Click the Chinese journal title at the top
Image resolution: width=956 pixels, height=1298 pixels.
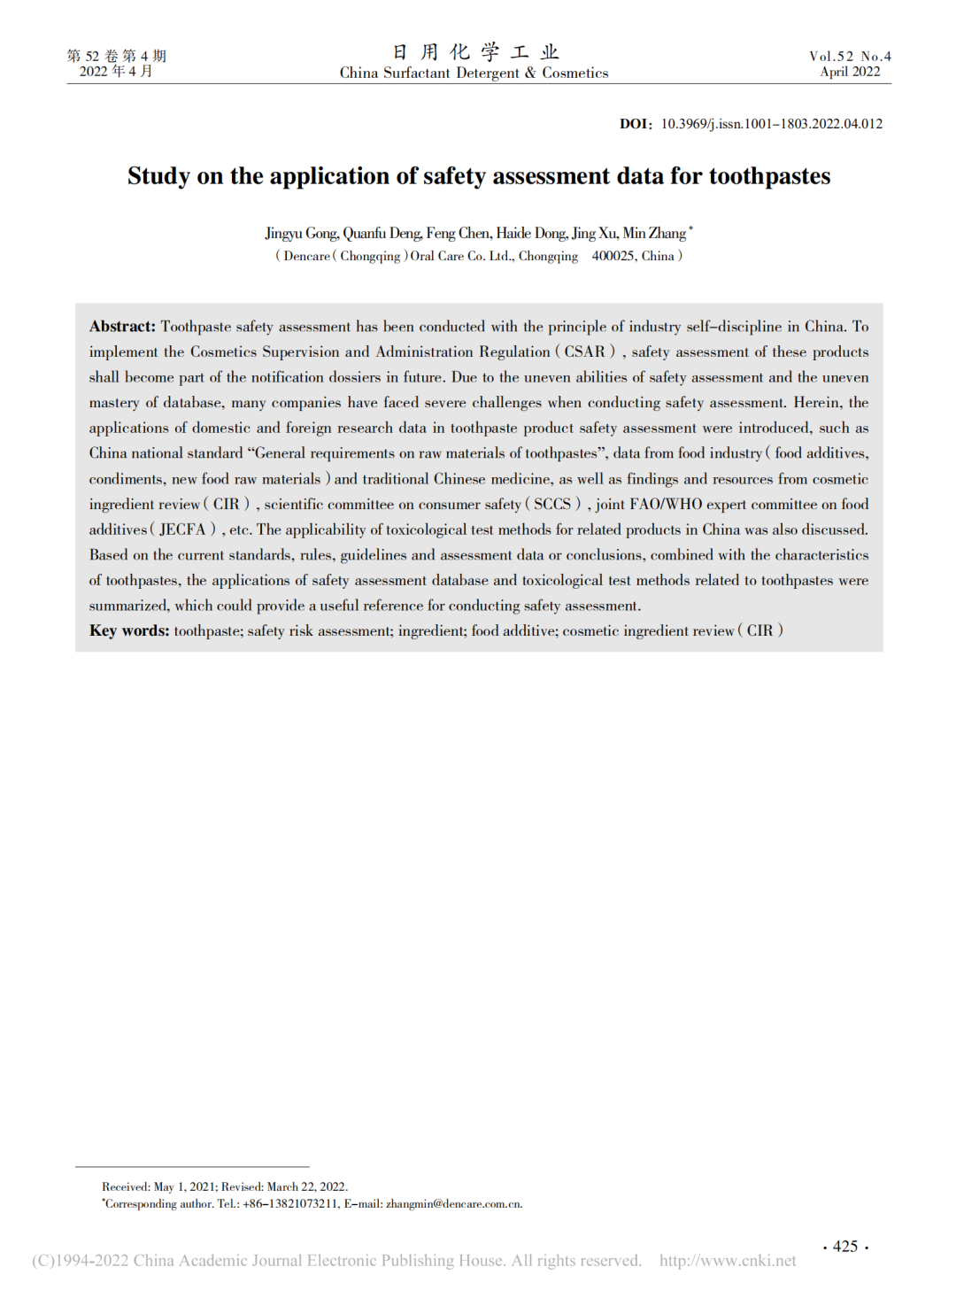click(x=475, y=52)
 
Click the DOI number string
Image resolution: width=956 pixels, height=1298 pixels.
click(x=772, y=124)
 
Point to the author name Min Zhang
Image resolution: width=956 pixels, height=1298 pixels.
click(x=654, y=234)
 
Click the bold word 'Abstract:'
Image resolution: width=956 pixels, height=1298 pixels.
click(x=122, y=327)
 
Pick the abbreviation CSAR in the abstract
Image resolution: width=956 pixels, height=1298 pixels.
click(x=584, y=352)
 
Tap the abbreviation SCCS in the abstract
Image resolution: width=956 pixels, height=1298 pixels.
click(x=552, y=504)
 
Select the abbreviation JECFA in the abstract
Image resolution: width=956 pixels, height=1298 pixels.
click(x=182, y=529)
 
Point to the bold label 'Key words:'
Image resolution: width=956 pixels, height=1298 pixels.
click(x=129, y=630)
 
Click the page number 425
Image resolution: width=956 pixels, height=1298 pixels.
click(x=845, y=1247)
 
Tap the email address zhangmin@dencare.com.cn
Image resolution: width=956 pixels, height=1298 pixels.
click(x=454, y=1204)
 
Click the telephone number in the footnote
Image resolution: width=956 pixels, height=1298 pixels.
click(x=290, y=1204)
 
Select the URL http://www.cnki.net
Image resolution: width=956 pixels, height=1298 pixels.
click(x=727, y=1261)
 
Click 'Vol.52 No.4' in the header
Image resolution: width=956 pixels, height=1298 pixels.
click(x=850, y=57)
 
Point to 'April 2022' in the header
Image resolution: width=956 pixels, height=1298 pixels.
click(x=850, y=72)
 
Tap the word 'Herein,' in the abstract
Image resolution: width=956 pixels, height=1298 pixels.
click(x=818, y=403)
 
